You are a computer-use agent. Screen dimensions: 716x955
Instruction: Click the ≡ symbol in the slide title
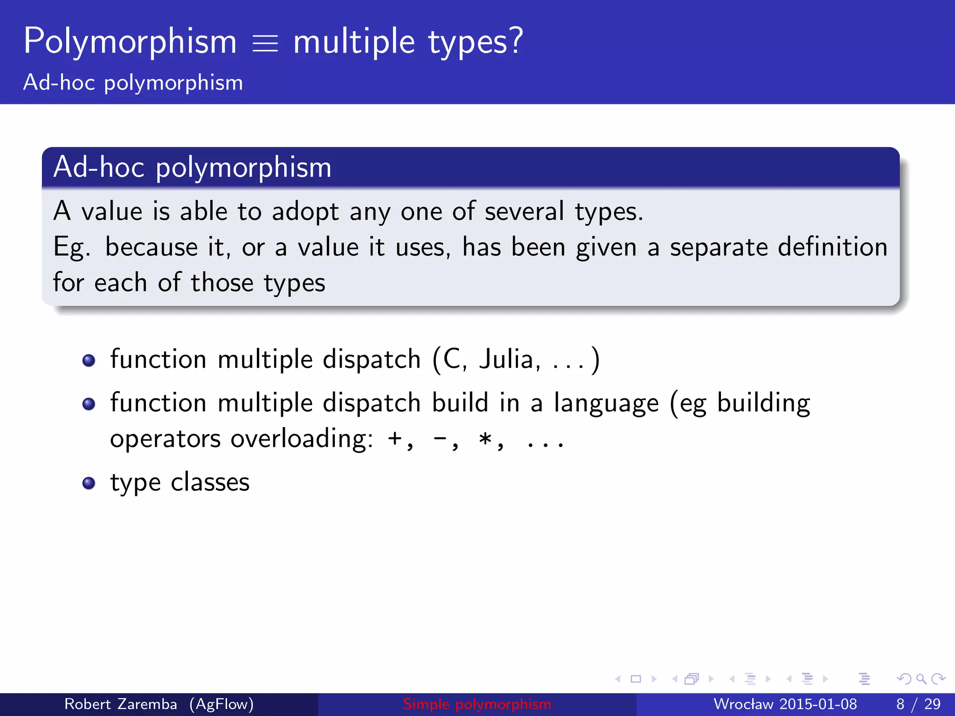point(265,44)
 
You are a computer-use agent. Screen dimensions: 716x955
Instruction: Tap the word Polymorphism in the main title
point(130,42)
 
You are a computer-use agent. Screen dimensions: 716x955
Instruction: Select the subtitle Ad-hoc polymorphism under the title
point(133,83)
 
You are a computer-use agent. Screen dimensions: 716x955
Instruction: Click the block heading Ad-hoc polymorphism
point(192,167)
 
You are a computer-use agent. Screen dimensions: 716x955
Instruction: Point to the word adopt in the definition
point(305,212)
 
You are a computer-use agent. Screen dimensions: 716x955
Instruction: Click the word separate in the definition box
point(719,247)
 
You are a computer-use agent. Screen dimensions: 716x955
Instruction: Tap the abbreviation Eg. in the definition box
point(71,248)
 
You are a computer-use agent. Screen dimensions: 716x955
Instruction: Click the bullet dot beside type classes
point(89,483)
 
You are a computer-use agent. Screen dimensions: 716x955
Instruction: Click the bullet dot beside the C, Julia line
point(89,360)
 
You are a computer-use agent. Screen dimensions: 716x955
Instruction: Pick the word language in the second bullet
point(606,404)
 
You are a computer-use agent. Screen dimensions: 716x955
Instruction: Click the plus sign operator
point(395,439)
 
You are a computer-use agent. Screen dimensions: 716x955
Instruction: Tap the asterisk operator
point(485,439)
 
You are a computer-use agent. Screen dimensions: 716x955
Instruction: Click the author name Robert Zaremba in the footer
point(120,704)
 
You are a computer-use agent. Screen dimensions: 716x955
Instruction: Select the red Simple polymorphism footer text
point(477,704)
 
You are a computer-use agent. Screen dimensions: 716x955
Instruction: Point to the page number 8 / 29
point(918,704)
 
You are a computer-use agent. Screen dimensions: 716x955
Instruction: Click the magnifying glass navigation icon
point(921,679)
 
